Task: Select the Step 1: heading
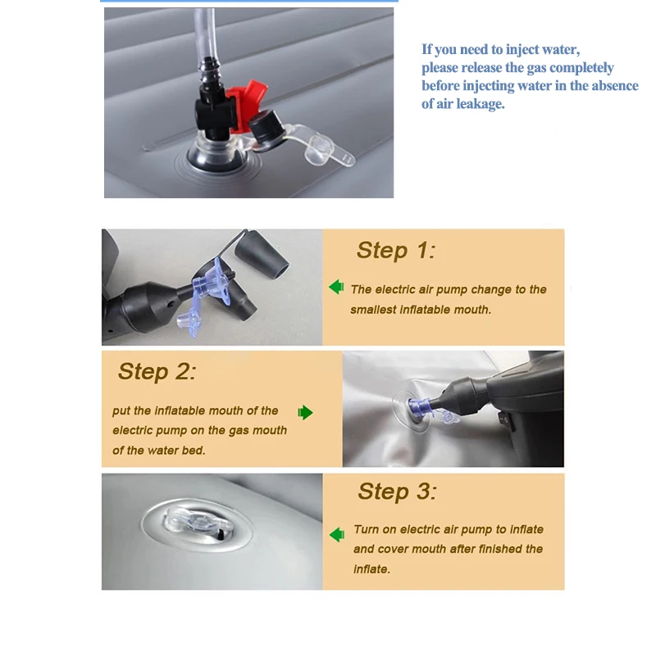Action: pos(396,251)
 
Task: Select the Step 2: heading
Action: pos(157,371)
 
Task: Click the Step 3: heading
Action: pos(397,491)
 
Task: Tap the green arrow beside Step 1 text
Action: pos(336,288)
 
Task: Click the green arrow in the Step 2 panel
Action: pos(305,413)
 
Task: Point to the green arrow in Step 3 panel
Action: pos(337,534)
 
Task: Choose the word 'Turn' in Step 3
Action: pos(366,529)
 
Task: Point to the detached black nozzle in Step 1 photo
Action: pos(261,256)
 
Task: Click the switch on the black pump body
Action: pos(506,419)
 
